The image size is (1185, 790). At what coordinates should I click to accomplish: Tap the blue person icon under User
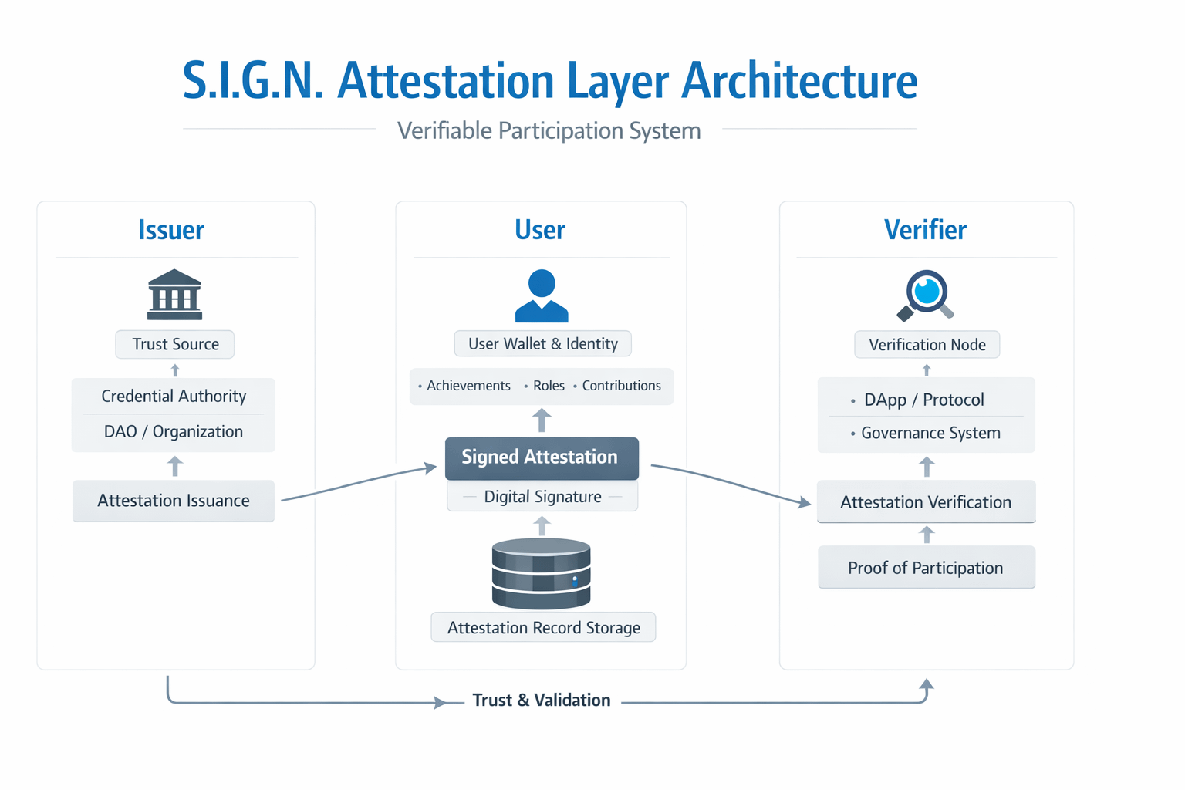coord(541,295)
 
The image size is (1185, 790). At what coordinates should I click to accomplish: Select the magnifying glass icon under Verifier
coord(926,295)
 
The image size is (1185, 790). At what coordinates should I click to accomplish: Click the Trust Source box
coord(174,344)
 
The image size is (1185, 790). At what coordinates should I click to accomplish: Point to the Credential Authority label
coord(174,396)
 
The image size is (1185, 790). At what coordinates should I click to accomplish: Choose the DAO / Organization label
coord(174,432)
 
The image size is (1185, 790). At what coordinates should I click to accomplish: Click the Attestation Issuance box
coord(174,501)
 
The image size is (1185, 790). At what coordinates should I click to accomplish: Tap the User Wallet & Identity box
coord(543,344)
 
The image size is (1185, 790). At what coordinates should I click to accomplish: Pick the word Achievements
coord(469,386)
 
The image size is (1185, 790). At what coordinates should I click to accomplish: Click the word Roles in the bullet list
coord(549,386)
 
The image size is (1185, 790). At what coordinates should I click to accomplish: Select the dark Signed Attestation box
coord(542,458)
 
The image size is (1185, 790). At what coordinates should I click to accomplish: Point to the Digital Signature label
coord(543,497)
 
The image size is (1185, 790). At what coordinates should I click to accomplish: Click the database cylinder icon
coord(541,573)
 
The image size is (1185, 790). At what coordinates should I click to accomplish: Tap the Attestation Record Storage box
coord(543,627)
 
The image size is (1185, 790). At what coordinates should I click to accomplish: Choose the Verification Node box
coord(927,345)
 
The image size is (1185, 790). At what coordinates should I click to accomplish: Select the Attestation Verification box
coord(927,501)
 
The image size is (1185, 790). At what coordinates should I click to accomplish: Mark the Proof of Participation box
coord(927,568)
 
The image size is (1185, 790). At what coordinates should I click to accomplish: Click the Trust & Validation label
coord(541,700)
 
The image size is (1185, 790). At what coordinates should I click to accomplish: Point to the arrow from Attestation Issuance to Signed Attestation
coord(359,483)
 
